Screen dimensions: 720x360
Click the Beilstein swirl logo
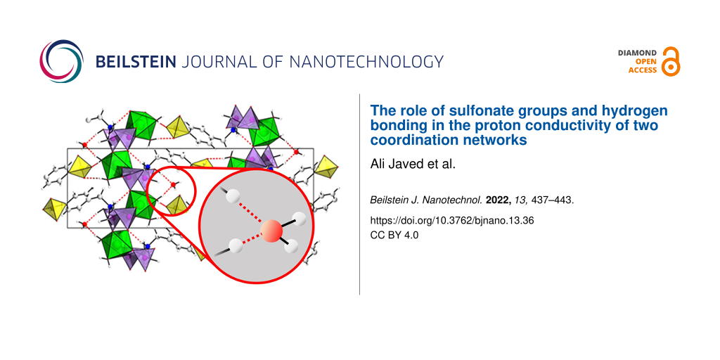62,61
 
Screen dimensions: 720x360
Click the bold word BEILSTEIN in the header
136,62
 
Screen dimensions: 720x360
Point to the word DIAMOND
637,53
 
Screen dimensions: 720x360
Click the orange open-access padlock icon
671,61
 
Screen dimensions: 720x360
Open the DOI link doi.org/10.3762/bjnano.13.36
452,221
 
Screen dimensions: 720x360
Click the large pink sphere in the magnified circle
272,231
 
